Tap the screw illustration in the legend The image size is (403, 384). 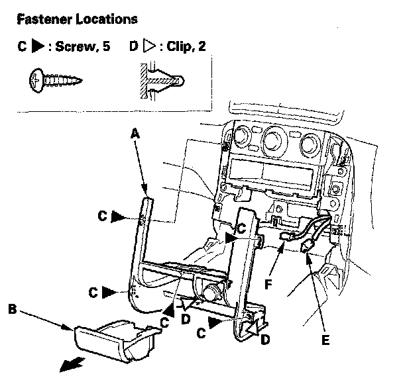[56, 80]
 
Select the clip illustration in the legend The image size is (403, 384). [158, 80]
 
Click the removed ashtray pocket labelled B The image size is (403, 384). [112, 338]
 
